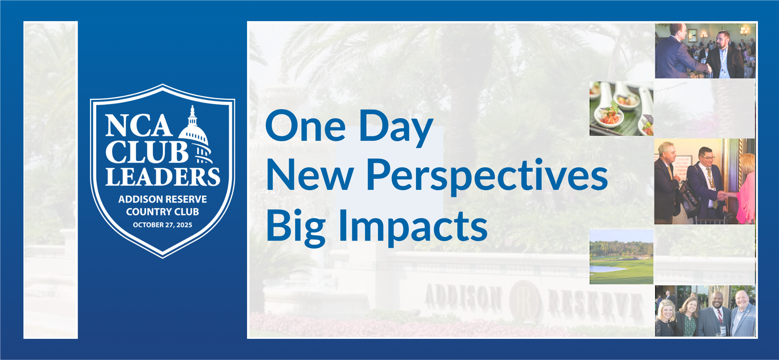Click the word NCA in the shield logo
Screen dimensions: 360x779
138,126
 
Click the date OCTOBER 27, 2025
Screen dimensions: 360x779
162,225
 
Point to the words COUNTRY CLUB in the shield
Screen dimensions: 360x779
162,212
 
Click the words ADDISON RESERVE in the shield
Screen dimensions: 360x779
162,199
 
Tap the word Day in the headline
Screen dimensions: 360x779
395,126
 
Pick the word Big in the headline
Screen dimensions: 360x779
295,226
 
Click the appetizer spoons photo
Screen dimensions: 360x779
621,108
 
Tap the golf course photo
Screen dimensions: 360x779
621,257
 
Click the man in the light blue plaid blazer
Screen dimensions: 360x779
743,314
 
